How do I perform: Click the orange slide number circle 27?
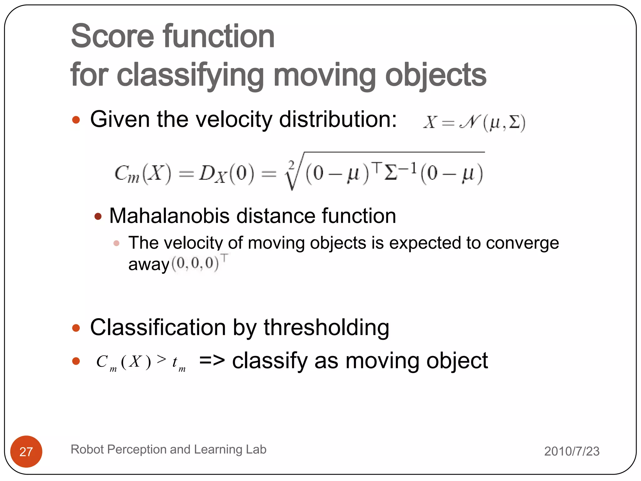click(26, 451)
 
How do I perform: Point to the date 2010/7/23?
click(572, 451)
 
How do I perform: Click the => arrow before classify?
click(212, 361)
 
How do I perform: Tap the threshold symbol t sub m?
click(178, 363)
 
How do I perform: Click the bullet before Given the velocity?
click(76, 120)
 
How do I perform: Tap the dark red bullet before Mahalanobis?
click(98, 216)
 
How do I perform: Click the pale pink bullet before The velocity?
click(116, 243)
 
